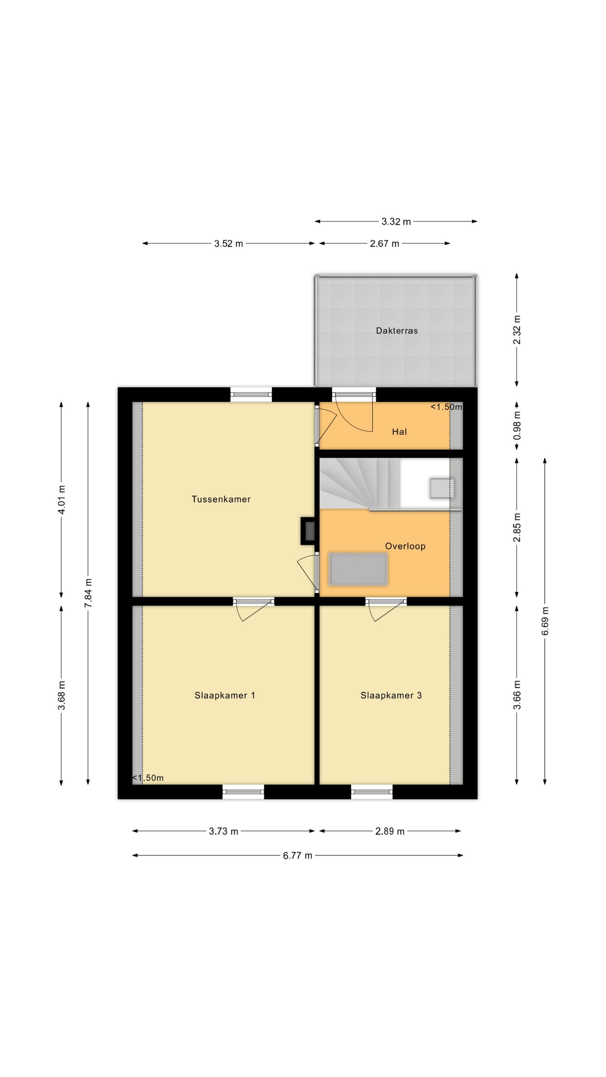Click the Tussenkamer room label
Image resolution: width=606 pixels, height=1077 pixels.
221,499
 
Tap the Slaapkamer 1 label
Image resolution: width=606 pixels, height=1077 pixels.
225,695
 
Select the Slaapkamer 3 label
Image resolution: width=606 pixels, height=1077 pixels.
391,695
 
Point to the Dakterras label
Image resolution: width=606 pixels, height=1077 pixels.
396,331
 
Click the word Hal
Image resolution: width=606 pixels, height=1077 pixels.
399,432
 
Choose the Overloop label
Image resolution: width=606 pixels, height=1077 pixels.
405,546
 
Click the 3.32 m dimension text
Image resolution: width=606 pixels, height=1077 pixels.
396,222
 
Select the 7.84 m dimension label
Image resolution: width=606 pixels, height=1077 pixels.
88,594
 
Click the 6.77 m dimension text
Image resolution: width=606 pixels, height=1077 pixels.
297,855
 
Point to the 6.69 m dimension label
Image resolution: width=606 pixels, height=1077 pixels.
545,621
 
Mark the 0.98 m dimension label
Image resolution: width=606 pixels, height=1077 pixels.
517,425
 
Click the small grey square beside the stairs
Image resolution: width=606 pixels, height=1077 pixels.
442,488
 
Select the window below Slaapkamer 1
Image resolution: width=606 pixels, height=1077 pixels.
243,791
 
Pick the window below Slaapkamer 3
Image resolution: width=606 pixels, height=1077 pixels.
372,791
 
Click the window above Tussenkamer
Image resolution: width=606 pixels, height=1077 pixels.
251,395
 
